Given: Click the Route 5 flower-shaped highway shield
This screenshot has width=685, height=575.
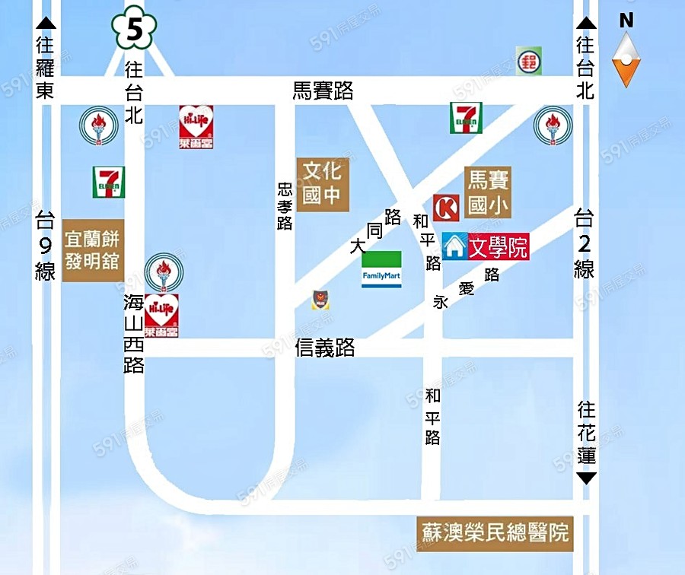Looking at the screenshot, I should (133, 30).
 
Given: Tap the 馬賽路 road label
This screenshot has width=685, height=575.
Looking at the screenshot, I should (323, 91).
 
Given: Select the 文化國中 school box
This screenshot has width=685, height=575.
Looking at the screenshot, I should (323, 183).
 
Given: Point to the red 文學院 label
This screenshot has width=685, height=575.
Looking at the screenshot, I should (499, 247).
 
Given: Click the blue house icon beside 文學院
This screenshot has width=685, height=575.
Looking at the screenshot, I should (454, 247).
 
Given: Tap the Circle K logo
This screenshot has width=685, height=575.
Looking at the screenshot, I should (446, 208).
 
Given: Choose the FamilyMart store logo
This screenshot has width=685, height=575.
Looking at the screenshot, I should (381, 268).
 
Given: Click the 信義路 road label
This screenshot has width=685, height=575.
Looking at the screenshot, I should (325, 348).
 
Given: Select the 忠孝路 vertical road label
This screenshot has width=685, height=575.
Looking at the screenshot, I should (285, 205).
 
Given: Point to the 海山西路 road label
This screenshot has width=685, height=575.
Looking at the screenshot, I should (134, 333).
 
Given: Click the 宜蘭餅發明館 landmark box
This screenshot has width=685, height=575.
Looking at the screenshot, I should (92, 250).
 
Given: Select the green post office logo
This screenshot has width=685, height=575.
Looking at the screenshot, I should (530, 60).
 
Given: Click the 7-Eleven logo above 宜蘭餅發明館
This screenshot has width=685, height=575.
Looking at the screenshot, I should (109, 183).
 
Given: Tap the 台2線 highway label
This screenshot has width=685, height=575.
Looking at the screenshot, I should (584, 243).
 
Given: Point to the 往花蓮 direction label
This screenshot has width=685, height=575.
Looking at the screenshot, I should (586, 434).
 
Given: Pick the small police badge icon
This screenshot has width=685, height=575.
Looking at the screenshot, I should (320, 300).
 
